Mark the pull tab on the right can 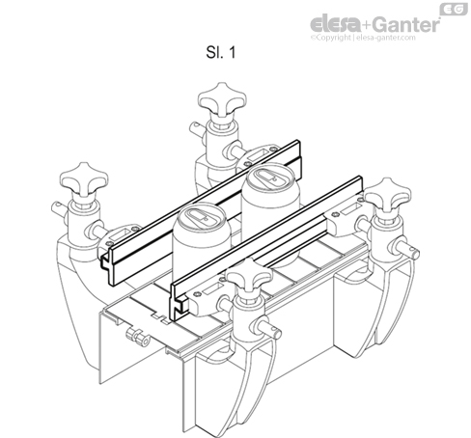pos(263,180)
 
